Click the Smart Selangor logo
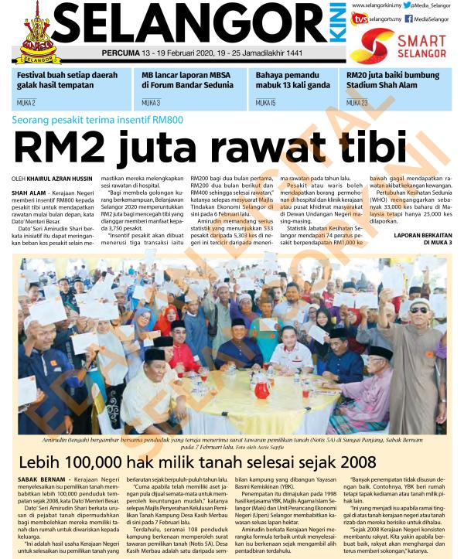pyautogui.click(x=409, y=47)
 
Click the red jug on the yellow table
pyautogui.click(x=262, y=386)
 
